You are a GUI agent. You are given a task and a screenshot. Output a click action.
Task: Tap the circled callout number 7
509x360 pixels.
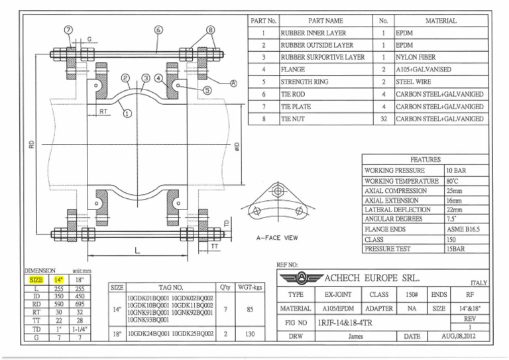[x=69, y=30]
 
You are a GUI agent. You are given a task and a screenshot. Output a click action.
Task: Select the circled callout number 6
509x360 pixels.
[x=158, y=30]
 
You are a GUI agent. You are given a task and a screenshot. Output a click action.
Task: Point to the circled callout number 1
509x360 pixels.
[x=126, y=113]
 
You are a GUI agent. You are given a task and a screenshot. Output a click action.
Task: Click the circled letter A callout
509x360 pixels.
[x=233, y=84]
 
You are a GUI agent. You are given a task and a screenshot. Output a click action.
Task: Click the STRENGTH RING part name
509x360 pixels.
[x=305, y=82]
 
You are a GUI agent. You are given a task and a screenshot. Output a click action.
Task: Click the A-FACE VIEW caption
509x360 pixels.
[x=276, y=237]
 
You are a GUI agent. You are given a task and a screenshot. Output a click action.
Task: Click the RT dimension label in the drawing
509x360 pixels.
[x=104, y=112]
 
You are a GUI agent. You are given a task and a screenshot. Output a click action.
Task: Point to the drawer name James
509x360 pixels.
[x=356, y=336]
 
